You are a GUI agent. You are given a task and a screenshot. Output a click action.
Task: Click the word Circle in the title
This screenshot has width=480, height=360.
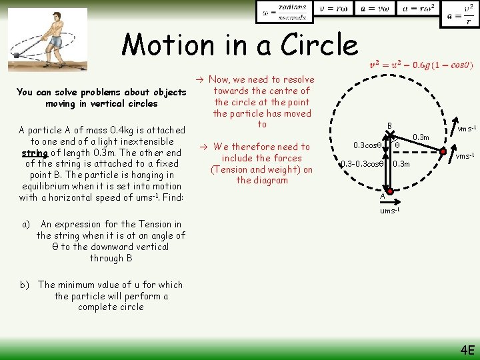pos(319,45)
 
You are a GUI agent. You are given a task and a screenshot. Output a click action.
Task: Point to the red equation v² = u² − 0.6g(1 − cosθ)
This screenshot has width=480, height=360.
pos(422,65)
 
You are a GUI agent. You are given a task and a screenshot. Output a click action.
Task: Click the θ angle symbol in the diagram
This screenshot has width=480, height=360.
pos(397,145)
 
